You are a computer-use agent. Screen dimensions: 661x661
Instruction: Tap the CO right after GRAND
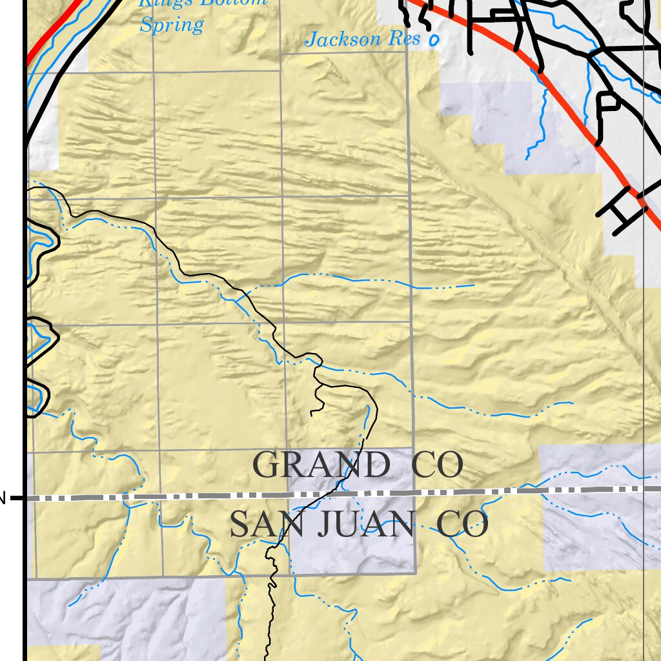tap(438, 465)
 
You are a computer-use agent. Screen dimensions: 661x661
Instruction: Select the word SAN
tap(259, 525)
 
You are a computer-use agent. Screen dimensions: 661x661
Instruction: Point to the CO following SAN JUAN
tap(462, 525)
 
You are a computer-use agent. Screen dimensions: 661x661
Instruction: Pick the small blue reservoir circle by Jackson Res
tap(434, 41)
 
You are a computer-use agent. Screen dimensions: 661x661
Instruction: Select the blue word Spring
tap(172, 26)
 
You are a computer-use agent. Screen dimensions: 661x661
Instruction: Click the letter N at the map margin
tap(3, 498)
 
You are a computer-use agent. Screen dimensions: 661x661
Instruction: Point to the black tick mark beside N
tap(17, 498)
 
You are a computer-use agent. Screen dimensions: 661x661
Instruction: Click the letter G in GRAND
tap(266, 465)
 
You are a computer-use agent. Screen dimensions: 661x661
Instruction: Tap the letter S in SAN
tap(239, 525)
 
